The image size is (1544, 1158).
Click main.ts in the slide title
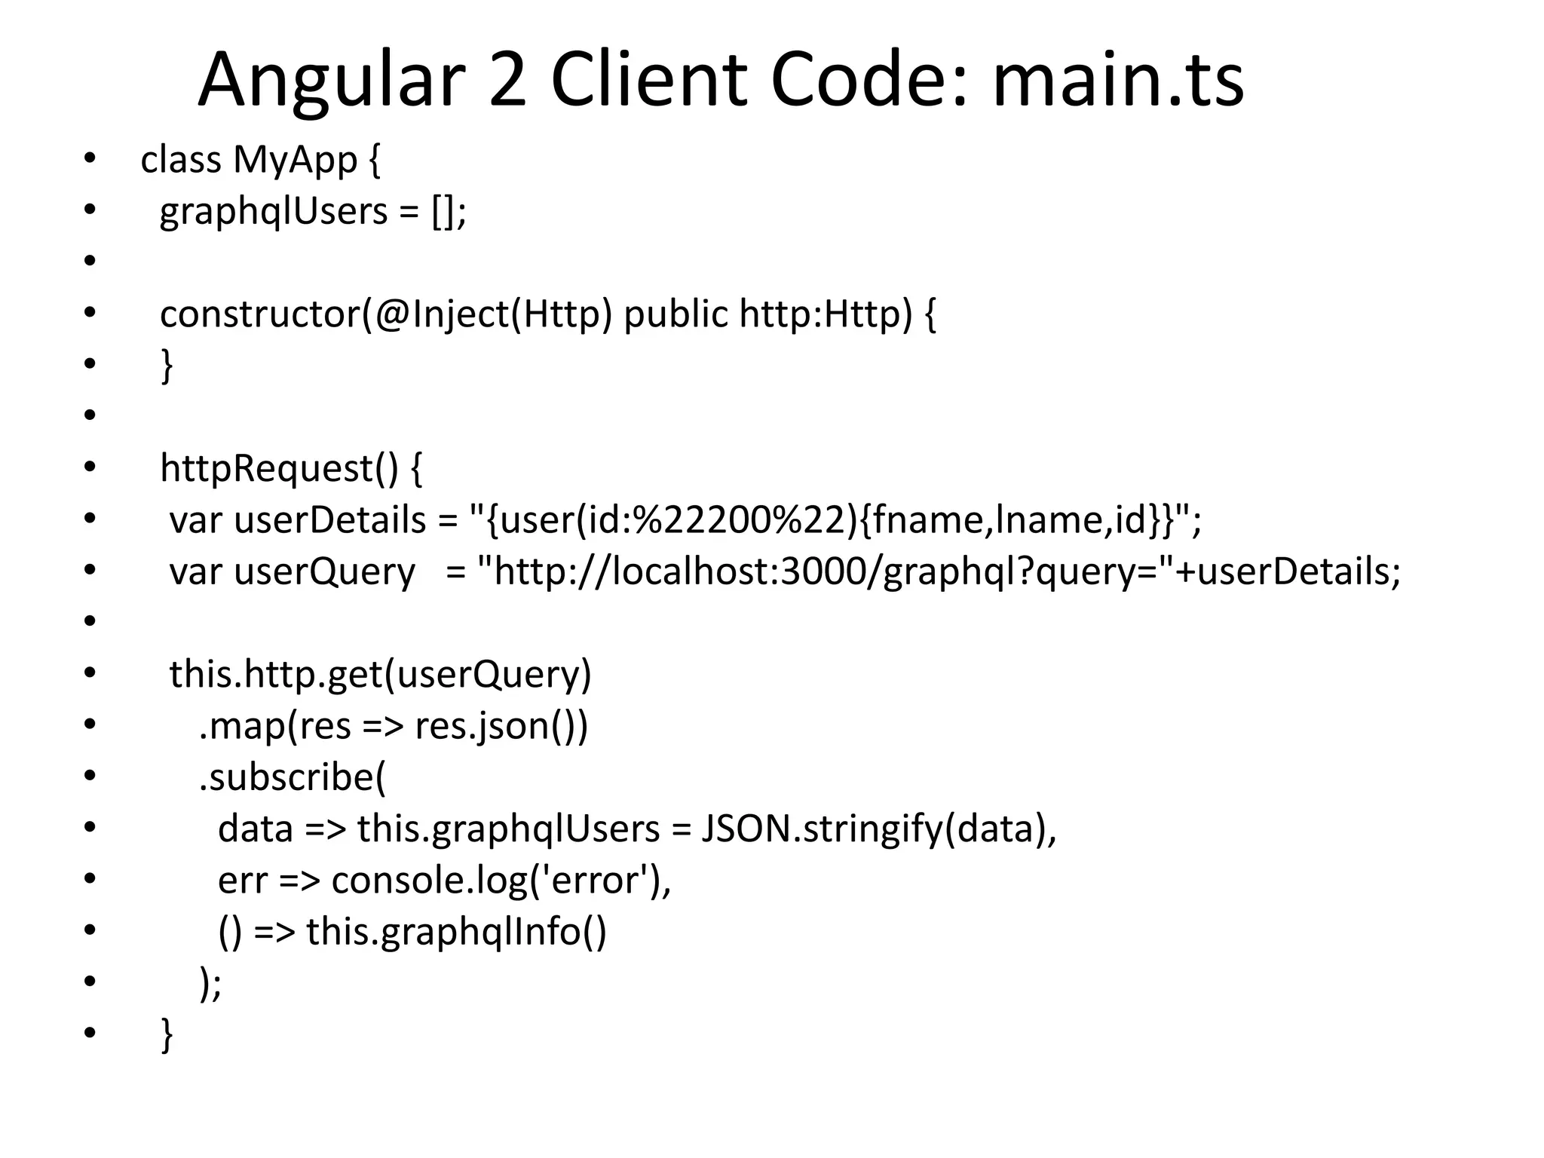(x=1117, y=81)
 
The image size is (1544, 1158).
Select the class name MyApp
(x=295, y=161)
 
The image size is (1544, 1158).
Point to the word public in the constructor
(x=675, y=314)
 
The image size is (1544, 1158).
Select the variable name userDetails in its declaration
(x=330, y=520)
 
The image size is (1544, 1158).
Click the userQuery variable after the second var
(x=324, y=571)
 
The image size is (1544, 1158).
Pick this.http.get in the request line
(x=275, y=674)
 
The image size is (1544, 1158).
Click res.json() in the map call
(x=501, y=726)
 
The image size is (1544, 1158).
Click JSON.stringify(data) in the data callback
(x=878, y=829)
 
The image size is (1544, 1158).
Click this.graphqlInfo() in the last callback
(x=456, y=931)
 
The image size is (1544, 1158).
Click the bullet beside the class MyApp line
(x=90, y=159)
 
